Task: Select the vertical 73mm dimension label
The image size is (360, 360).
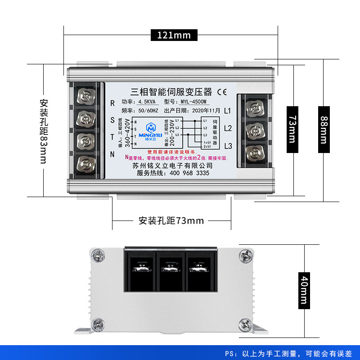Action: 292,130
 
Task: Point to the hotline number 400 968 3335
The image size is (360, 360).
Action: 185,173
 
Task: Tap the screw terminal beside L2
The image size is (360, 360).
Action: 255,130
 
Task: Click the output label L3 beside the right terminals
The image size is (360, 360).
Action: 228,146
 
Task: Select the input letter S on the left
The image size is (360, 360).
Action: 112,120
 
